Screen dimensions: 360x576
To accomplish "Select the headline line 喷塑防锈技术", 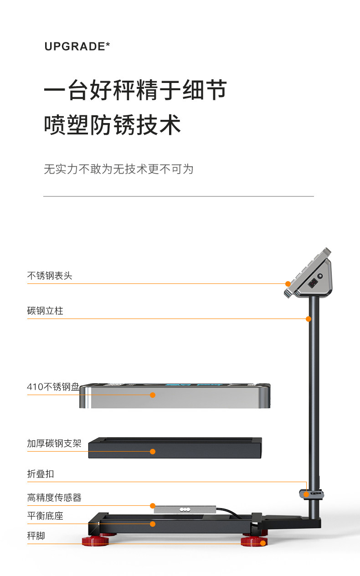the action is [112, 125].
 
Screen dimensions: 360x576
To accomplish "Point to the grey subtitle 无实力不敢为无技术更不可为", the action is [118, 169].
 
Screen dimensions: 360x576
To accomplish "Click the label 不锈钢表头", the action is [50, 276].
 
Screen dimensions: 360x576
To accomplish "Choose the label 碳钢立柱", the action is [45, 311].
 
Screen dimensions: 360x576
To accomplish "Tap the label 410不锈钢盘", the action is [53, 387].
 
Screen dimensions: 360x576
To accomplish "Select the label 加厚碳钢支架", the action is [54, 443].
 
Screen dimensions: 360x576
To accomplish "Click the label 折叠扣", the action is [41, 474].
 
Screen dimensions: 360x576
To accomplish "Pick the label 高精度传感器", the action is [54, 498].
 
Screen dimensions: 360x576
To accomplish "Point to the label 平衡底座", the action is [45, 516].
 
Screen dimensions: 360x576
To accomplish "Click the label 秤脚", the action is [36, 536].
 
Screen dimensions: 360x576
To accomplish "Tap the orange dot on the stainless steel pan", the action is [153, 395].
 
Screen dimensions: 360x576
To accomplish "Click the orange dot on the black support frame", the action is [153, 452].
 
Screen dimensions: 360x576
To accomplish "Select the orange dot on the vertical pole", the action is [309, 319].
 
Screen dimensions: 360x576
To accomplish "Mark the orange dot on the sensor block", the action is [153, 505].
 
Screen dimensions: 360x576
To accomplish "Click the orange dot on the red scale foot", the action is [262, 543].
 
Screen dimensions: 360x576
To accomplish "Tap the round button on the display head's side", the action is [320, 276].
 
